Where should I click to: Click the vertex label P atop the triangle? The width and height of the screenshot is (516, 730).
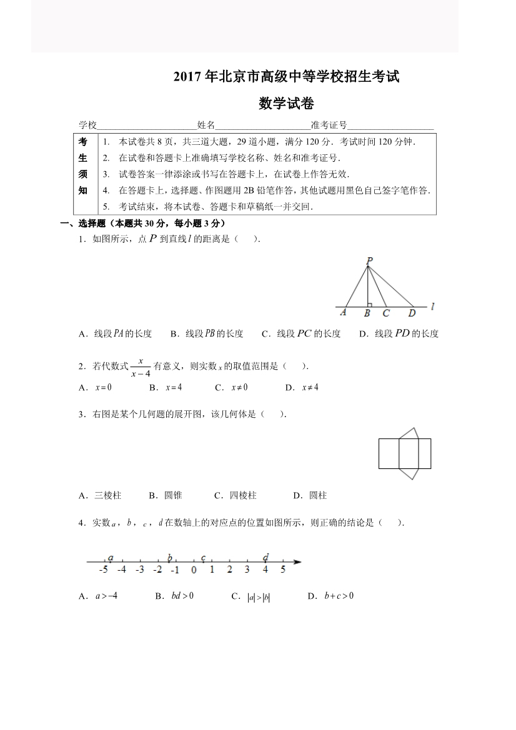coord(370,260)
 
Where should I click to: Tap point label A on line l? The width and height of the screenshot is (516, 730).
coord(344,313)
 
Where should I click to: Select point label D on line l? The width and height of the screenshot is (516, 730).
coord(412,313)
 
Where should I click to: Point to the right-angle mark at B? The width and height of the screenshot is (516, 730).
coord(370,305)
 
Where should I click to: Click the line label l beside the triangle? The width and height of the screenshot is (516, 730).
coord(432,307)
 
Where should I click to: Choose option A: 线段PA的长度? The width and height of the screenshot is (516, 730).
coord(116,333)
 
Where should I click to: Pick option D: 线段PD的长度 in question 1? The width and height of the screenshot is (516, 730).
coord(399,333)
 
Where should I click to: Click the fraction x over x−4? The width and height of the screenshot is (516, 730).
coord(141,367)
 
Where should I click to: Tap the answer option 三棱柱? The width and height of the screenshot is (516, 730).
coord(101,496)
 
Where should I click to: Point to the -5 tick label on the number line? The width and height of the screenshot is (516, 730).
coord(104,570)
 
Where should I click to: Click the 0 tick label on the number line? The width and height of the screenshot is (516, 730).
coord(194,570)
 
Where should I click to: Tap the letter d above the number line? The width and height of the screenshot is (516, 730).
coord(265,557)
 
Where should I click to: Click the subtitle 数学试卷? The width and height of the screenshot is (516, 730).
coord(286,104)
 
